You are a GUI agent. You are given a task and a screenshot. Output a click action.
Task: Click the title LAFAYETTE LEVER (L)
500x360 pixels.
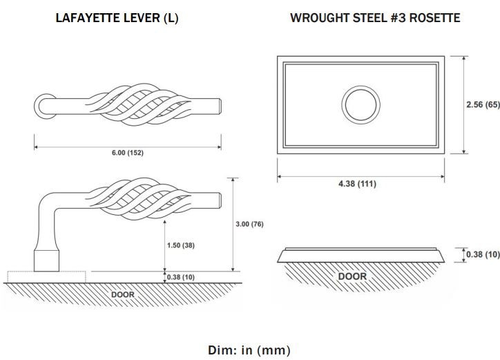pyautogui.click(x=117, y=18)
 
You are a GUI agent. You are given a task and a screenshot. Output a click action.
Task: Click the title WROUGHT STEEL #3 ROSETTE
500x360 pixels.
pyautogui.click(x=375, y=18)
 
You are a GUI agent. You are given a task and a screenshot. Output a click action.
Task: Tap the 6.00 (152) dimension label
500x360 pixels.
pyautogui.click(x=128, y=153)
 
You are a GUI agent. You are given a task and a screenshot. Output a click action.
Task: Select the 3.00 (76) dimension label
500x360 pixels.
pyautogui.click(x=250, y=224)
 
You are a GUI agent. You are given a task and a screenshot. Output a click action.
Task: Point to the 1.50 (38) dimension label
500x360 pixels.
pyautogui.click(x=181, y=245)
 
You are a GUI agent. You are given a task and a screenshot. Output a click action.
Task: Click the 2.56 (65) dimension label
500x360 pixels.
pyautogui.click(x=483, y=104)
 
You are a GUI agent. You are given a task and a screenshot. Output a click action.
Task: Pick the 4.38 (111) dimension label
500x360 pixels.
pyautogui.click(x=358, y=184)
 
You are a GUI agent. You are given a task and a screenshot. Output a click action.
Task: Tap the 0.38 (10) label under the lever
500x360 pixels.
pyautogui.click(x=181, y=277)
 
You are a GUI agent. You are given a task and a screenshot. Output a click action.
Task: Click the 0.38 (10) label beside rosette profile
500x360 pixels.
pyautogui.click(x=483, y=254)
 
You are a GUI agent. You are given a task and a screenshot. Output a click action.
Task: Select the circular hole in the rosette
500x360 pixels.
pyautogui.click(x=360, y=86)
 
